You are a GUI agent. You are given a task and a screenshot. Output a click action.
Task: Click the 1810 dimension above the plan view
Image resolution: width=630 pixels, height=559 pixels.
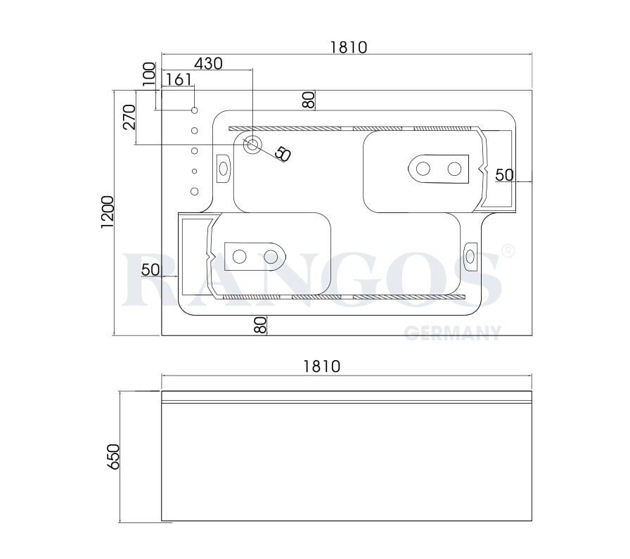[348, 47]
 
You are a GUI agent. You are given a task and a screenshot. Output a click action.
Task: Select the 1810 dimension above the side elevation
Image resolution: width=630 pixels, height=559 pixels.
[321, 366]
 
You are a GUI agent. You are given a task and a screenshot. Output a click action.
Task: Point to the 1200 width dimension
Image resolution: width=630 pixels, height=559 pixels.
[108, 212]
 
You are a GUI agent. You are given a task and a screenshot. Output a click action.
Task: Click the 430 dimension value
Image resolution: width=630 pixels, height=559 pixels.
[208, 63]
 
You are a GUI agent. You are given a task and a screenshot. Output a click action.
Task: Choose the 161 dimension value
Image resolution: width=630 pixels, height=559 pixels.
[179, 79]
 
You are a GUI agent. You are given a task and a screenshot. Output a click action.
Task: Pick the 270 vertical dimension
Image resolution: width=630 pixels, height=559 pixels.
[129, 117]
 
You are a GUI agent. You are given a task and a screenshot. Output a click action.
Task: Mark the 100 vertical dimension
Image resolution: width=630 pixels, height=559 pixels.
[148, 74]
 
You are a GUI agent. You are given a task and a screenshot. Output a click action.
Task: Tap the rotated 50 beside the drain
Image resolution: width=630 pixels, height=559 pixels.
[282, 153]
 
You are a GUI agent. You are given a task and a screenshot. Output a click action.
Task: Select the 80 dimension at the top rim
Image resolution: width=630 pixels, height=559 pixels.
[308, 100]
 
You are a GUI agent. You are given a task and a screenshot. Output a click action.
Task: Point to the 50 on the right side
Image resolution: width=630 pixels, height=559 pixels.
[504, 175]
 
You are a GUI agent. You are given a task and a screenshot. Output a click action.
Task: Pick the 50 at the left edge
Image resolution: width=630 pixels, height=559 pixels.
[150, 269]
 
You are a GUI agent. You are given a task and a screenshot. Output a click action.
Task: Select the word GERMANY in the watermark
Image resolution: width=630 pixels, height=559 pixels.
[452, 333]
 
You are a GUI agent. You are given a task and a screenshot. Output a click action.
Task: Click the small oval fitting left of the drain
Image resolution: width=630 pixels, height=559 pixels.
[224, 169]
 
